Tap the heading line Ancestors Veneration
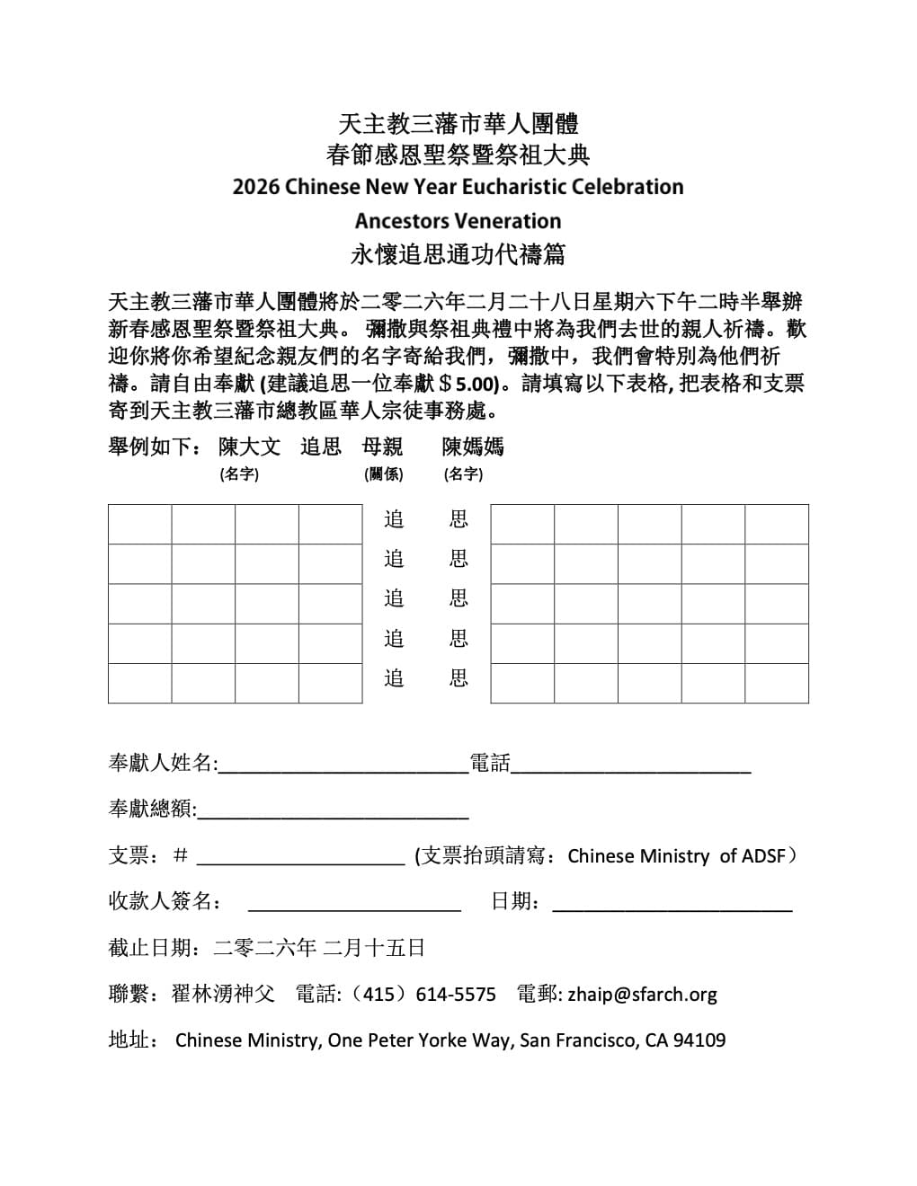click(x=458, y=221)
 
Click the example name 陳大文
click(x=249, y=447)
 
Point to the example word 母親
click(x=382, y=447)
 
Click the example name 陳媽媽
click(x=473, y=447)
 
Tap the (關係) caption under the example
click(x=383, y=474)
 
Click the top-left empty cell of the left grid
click(x=139, y=524)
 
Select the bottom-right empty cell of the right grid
click(x=776, y=683)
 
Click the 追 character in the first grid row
click(x=394, y=519)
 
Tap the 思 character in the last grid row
click(x=458, y=678)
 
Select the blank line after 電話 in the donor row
click(x=630, y=765)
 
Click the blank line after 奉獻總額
click(x=333, y=810)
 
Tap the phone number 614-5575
click(x=456, y=995)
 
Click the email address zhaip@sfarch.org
click(x=642, y=995)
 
